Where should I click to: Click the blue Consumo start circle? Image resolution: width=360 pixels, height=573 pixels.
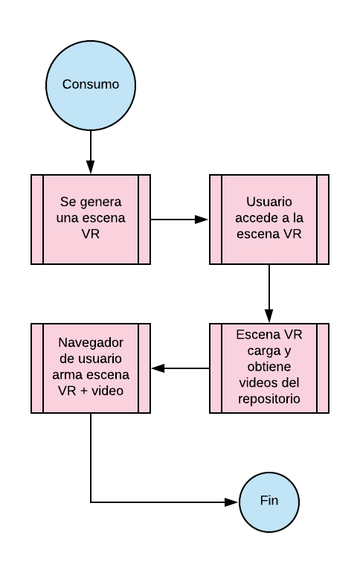click(x=91, y=86)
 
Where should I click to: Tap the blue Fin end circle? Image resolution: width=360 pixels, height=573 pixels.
click(x=269, y=502)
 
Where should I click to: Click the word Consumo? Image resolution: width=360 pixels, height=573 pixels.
click(x=91, y=84)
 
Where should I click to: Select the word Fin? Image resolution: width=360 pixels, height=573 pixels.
click(x=269, y=500)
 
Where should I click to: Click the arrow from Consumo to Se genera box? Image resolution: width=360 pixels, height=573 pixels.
click(x=91, y=152)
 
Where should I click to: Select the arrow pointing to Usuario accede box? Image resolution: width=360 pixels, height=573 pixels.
click(x=179, y=220)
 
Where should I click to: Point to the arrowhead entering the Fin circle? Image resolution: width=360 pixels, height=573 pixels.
click(x=231, y=502)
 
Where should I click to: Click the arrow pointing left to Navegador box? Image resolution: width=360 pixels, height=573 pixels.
click(x=180, y=368)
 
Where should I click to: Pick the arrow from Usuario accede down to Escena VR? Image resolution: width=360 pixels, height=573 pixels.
click(x=269, y=293)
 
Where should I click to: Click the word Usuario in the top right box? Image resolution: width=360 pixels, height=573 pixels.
click(x=269, y=202)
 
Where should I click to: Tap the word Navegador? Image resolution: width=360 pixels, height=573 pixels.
click(x=91, y=343)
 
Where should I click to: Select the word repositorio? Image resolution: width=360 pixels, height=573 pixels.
click(x=269, y=399)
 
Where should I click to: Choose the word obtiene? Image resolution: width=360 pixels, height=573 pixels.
click(x=269, y=367)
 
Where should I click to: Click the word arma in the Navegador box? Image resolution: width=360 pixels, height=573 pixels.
click(x=65, y=375)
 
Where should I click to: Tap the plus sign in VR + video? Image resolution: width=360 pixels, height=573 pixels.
click(x=83, y=391)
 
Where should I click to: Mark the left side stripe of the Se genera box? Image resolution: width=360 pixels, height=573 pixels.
click(x=37, y=220)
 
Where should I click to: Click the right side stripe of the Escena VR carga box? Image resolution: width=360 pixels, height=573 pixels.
click(x=323, y=368)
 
